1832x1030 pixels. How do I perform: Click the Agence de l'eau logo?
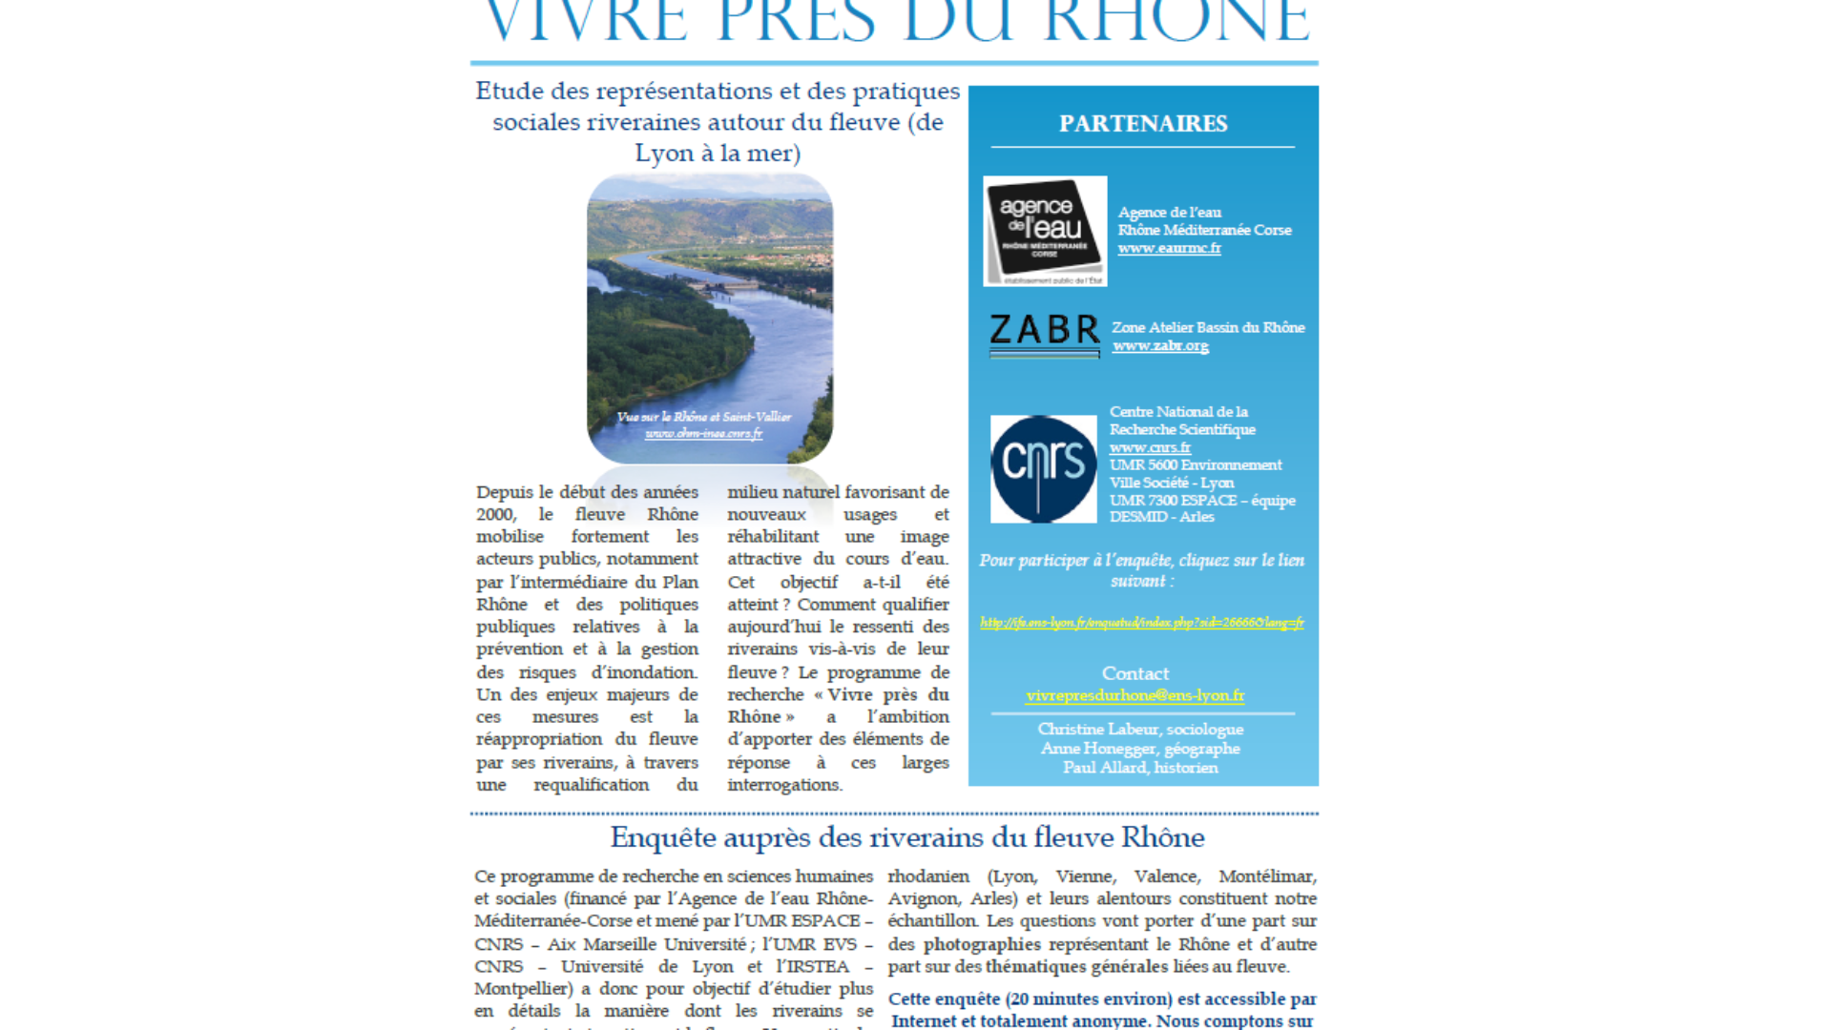(x=1045, y=231)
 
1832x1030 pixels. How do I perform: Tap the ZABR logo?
(x=1044, y=335)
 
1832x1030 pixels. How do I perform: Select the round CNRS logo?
(x=1043, y=468)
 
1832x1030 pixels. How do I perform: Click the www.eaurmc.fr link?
(x=1169, y=248)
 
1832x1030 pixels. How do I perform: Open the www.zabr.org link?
(x=1160, y=345)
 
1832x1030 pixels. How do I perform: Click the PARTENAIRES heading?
(x=1143, y=124)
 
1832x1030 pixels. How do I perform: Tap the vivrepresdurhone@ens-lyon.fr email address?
(x=1135, y=695)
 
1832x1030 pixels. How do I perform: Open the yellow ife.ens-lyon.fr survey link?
(x=1141, y=623)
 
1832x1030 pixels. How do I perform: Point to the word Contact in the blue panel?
(x=1135, y=673)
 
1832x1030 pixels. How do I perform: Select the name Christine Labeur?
(x=1097, y=730)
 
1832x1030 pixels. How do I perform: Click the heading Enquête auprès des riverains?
(x=906, y=837)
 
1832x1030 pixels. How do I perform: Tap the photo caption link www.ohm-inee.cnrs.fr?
(x=703, y=434)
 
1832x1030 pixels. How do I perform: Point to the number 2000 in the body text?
(x=495, y=515)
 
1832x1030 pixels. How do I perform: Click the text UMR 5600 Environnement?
(x=1195, y=465)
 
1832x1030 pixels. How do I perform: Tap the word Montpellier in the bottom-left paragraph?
(x=521, y=989)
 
